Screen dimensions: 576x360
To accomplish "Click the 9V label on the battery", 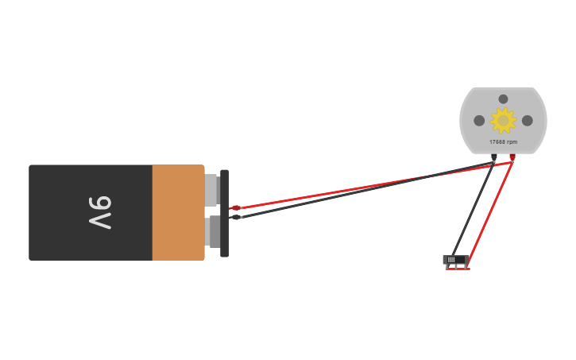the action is pyautogui.click(x=100, y=213).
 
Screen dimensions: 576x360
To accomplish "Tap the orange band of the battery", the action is pyautogui.click(x=178, y=213).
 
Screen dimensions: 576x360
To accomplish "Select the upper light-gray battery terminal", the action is pyautogui.click(x=211, y=190).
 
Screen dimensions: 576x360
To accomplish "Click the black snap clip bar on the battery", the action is pyautogui.click(x=225, y=214).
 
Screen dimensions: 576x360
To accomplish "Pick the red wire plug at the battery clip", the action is pyautogui.click(x=235, y=208).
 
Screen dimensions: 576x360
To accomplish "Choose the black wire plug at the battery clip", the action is pyautogui.click(x=235, y=217).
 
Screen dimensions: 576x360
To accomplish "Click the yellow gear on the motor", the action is pyautogui.click(x=503, y=121).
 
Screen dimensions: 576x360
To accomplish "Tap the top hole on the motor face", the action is pyautogui.click(x=503, y=99).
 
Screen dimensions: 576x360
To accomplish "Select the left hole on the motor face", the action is pyautogui.click(x=479, y=121).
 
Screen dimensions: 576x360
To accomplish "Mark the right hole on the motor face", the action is pyautogui.click(x=528, y=121).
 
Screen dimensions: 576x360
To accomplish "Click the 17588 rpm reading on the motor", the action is pyautogui.click(x=503, y=141).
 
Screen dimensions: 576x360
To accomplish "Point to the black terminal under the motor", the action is pyautogui.click(x=493, y=157).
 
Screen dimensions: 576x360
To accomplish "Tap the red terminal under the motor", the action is pyautogui.click(x=512, y=157).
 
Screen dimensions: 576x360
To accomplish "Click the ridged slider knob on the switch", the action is pyautogui.click(x=451, y=260).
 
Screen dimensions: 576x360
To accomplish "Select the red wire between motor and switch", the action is pyautogui.click(x=491, y=215).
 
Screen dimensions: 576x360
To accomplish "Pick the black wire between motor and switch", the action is pyautogui.click(x=473, y=210).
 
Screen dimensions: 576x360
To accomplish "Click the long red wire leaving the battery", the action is pyautogui.click(x=376, y=185).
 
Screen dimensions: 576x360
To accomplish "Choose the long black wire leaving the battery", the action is pyautogui.click(x=367, y=190).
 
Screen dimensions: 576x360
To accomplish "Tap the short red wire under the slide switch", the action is pyautogui.click(x=458, y=269).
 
